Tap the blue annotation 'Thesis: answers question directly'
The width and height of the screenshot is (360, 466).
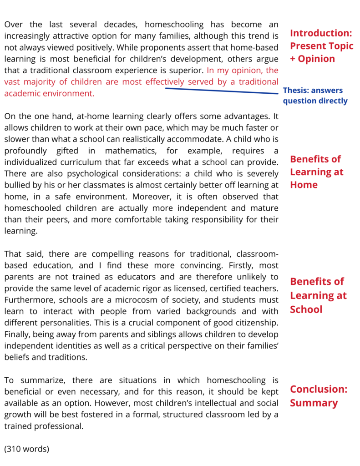[315, 96]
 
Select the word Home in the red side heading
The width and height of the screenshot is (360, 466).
[304, 185]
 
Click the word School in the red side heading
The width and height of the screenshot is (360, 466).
[306, 309]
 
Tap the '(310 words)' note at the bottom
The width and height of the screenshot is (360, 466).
[26, 449]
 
